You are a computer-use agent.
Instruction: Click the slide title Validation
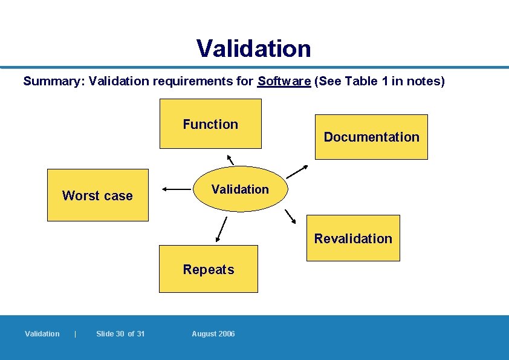pos(253,48)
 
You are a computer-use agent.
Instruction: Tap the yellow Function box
pos(210,124)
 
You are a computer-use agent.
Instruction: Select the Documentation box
pos(371,137)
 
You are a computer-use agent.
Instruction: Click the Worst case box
pos(97,195)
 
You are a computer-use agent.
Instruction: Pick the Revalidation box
pos(353,238)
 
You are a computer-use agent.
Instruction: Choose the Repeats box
pos(209,269)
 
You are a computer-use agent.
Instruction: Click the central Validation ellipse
pos(241,189)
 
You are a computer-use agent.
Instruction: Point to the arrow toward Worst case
pos(177,189)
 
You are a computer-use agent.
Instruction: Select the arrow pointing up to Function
pos(230,159)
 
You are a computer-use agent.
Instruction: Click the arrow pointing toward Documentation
pos(297,171)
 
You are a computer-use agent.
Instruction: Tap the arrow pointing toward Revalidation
pos(290,217)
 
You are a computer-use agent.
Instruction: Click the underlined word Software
pos(284,81)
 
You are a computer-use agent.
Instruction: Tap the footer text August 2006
pos(213,334)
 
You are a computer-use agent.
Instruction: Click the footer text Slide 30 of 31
pos(120,334)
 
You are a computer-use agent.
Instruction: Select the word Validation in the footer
pos(42,334)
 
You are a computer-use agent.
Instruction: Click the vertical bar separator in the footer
pos(75,334)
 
